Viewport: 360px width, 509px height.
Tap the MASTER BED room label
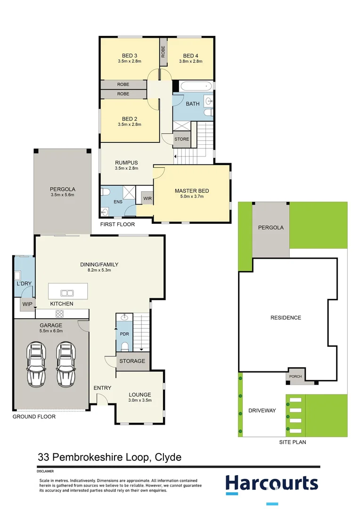click(x=192, y=191)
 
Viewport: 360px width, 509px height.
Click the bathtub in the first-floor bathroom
click(x=196, y=87)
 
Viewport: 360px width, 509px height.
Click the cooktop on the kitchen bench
click(x=60, y=314)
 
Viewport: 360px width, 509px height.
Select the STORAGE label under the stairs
click(x=132, y=361)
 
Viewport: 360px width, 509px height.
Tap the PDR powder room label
click(x=124, y=334)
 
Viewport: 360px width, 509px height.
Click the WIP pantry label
click(x=27, y=304)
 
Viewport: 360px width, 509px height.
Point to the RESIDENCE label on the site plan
click(x=285, y=318)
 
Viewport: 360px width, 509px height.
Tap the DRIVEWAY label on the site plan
click(x=262, y=410)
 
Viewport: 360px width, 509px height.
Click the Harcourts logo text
click(x=271, y=483)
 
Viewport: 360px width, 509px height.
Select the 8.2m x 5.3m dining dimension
click(x=99, y=271)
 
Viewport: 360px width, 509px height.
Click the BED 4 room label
click(x=190, y=55)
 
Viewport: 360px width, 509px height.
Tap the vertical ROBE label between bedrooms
click(x=163, y=51)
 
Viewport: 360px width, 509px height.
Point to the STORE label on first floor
click(x=181, y=139)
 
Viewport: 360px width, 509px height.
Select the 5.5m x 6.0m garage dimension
click(x=50, y=331)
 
